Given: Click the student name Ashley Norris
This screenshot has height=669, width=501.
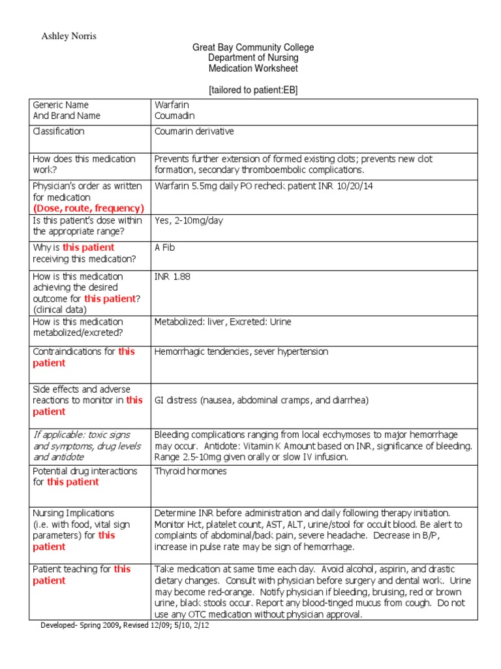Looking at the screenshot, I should tap(68, 37).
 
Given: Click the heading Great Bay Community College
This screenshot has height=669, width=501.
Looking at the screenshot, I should tap(252, 48).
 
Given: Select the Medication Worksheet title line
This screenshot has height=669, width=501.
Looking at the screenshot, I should tap(252, 69).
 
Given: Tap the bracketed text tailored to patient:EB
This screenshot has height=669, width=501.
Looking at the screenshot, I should tap(253, 90).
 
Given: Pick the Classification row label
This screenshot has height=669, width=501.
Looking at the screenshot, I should tap(59, 131).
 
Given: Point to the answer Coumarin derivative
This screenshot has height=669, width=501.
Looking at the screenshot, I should tap(194, 131).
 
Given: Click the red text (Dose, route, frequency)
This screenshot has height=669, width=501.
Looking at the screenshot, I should tap(88, 208).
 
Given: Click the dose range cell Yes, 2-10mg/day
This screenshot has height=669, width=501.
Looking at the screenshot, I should tap(189, 220).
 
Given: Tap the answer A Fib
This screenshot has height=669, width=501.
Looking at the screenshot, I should tap(165, 248).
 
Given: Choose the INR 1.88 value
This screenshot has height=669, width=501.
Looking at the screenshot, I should tap(173, 276).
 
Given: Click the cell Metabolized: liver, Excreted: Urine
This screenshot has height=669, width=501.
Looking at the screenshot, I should tap(222, 321).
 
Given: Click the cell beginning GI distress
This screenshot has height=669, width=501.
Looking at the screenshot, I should tap(266, 400).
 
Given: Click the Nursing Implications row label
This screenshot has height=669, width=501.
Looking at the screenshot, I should tap(74, 513).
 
